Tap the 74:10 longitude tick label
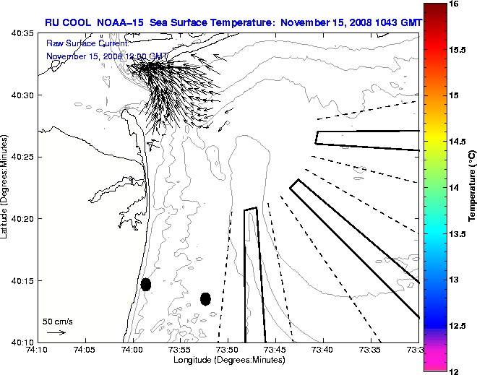point(38,350)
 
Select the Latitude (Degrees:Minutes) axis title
point(6,187)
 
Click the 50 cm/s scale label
point(58,321)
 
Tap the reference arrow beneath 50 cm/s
point(56,332)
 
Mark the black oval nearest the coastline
point(146,284)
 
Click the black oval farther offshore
point(205,298)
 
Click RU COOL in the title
point(66,22)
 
